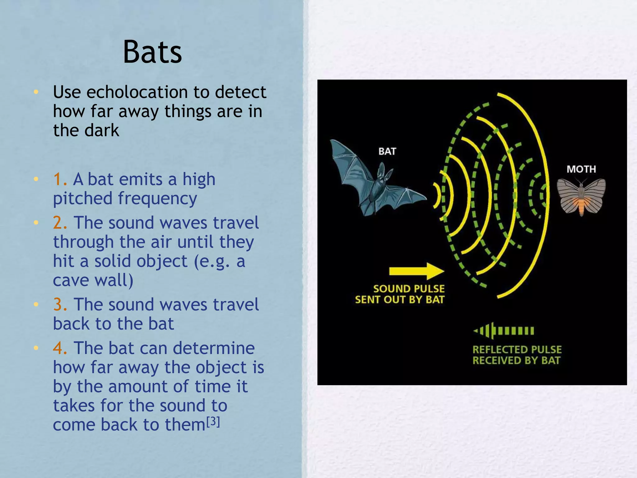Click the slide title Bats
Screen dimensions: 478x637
point(152,52)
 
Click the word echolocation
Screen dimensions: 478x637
point(137,92)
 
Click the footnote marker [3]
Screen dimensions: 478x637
point(213,422)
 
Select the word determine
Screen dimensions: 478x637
point(214,348)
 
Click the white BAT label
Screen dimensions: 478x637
point(387,152)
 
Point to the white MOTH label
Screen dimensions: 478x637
point(581,169)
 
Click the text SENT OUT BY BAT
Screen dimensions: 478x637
point(400,300)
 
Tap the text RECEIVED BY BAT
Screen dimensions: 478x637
point(516,361)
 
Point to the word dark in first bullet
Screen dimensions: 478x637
point(103,130)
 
